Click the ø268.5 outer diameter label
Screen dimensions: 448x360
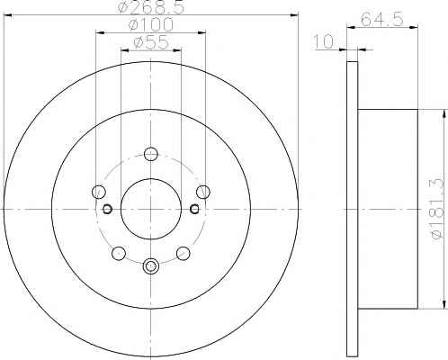click(151, 7)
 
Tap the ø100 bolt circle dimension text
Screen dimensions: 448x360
click(151, 25)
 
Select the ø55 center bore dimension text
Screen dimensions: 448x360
click(152, 43)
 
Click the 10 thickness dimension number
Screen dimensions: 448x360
click(323, 41)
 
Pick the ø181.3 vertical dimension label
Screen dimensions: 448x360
click(436, 209)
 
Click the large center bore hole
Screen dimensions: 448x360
click(151, 209)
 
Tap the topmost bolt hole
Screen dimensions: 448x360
click(151, 154)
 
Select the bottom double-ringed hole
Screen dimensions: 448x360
click(150, 265)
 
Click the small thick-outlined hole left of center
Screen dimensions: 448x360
click(107, 209)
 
